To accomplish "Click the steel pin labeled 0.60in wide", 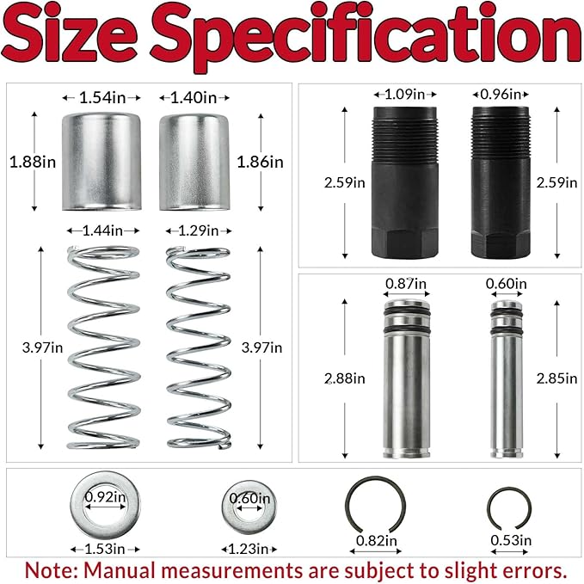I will [x=507, y=378].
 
